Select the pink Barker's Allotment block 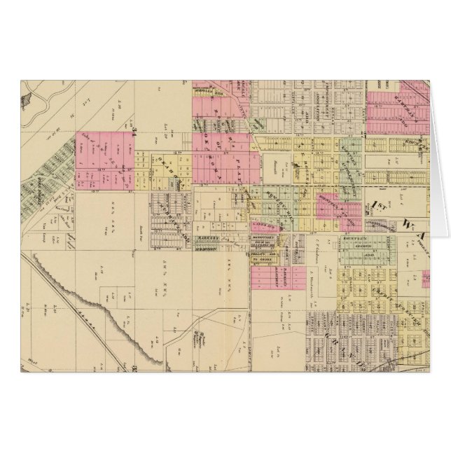coord(270,277)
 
